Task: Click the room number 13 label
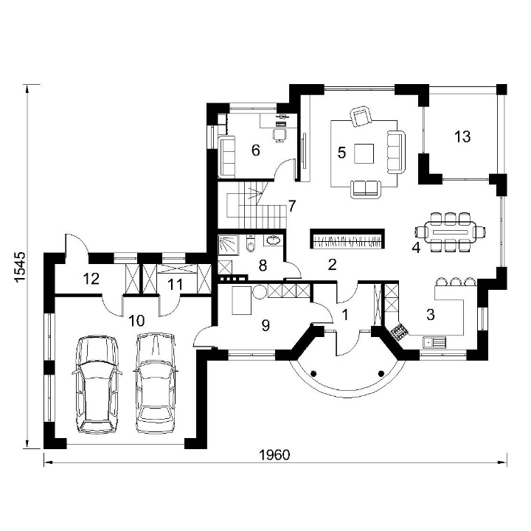click(462, 137)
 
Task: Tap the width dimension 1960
click(274, 455)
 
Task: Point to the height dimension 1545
click(20, 266)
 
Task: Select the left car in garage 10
click(97, 385)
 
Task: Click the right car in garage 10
click(156, 383)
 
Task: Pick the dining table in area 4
click(451, 232)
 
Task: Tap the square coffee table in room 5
click(364, 153)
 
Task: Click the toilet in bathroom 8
click(250, 243)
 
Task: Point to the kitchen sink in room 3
click(434, 342)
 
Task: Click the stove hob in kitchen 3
click(400, 331)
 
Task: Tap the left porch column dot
click(314, 374)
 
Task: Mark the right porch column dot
click(381, 374)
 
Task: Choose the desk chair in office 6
click(280, 135)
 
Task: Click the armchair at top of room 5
click(361, 117)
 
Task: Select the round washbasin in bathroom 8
click(274, 240)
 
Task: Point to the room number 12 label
click(91, 279)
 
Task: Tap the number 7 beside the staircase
click(292, 206)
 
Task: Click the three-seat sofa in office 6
click(227, 156)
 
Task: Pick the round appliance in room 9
click(260, 291)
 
